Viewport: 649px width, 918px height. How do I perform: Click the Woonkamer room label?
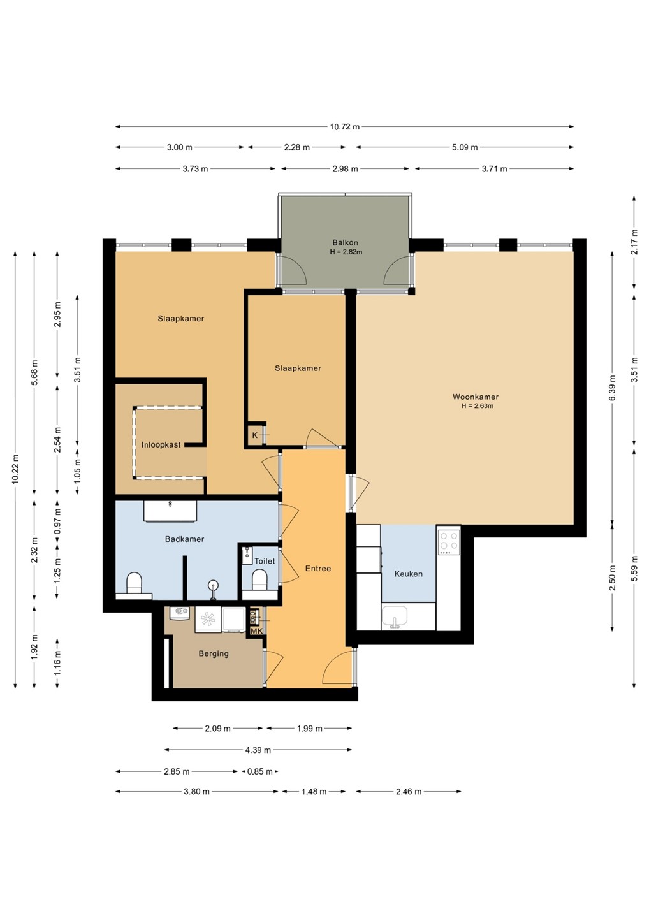(x=476, y=397)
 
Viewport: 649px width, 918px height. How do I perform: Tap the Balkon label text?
(x=346, y=243)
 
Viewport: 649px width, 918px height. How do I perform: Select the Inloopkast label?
(x=161, y=445)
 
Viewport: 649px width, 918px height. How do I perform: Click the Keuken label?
(x=408, y=574)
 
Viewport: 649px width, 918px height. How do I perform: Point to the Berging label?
(x=214, y=653)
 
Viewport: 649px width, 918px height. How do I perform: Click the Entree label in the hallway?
(x=318, y=569)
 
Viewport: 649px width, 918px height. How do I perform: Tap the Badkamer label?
(x=184, y=539)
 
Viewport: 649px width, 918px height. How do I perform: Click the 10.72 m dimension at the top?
(x=344, y=127)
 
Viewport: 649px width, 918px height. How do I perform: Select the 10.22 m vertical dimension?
(x=15, y=469)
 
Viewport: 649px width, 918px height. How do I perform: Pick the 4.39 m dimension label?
(x=258, y=750)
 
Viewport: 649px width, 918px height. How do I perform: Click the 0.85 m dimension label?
(x=259, y=771)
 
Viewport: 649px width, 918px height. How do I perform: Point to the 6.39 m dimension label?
(x=612, y=388)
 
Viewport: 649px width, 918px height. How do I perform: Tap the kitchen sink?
(x=395, y=617)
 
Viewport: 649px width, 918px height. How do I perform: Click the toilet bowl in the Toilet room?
(x=259, y=580)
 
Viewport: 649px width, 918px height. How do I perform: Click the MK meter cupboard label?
(x=256, y=631)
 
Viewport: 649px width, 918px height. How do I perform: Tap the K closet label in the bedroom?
(x=255, y=435)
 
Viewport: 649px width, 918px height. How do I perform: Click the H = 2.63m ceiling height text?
(x=478, y=406)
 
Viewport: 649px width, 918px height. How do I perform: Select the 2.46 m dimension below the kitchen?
(x=409, y=792)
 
